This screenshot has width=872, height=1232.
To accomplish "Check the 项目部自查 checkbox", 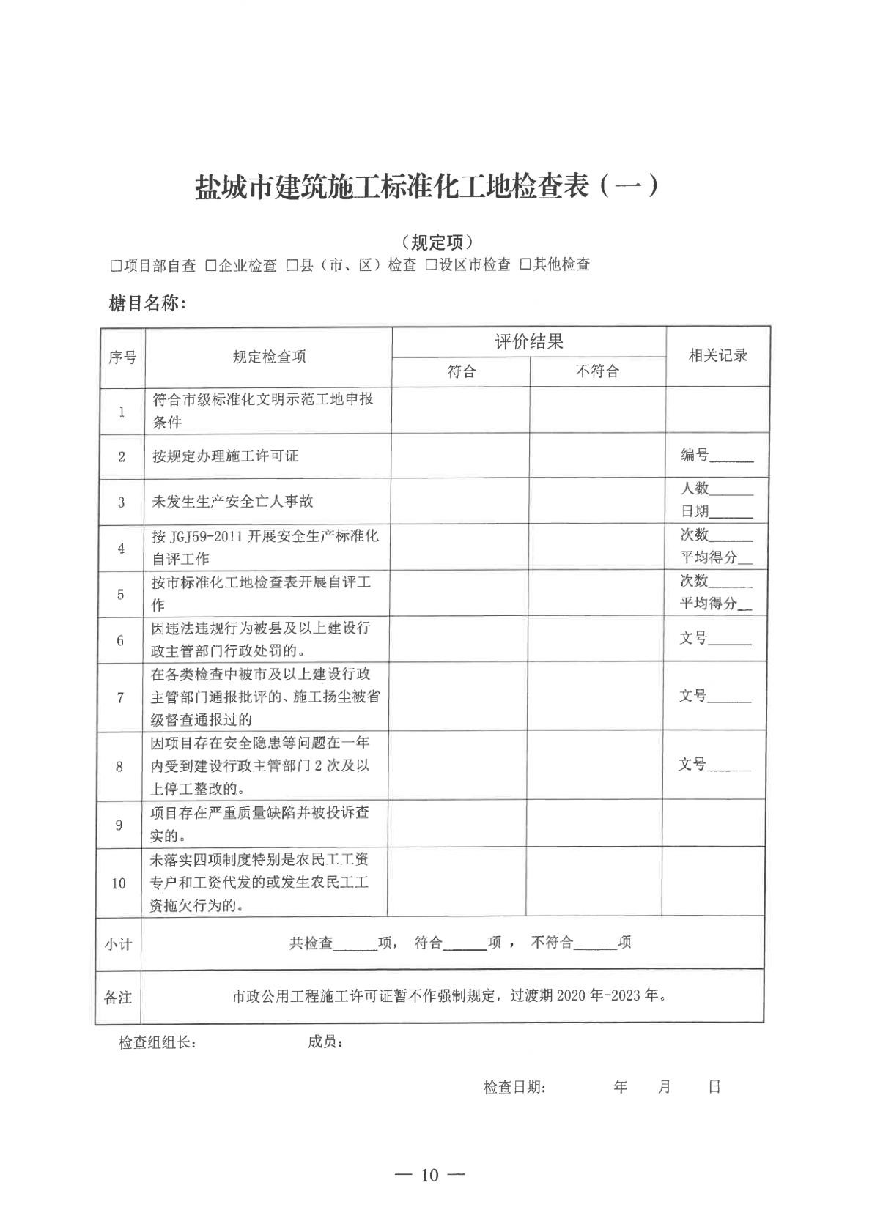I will coord(116,266).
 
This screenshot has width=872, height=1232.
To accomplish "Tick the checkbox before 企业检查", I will coord(211,266).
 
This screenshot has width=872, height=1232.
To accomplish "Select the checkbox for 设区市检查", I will coord(432,265).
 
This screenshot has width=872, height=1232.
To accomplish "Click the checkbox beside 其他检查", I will coord(525,265).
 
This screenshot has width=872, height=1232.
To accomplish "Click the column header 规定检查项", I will coord(269,357).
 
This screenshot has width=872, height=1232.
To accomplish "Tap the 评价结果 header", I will coord(528,342).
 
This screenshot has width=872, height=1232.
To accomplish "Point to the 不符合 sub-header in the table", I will coord(597,372).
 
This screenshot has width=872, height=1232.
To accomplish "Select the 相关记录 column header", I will coord(717,356).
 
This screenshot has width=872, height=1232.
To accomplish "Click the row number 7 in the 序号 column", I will coord(120,697).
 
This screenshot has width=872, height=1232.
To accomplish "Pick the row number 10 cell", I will coord(119,883).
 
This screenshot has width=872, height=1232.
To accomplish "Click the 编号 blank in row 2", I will coord(731,457).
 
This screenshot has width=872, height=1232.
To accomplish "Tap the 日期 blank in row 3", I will coord(731,513).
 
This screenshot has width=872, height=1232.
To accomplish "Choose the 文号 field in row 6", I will coord(730,639).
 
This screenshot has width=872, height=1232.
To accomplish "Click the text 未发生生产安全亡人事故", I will coord(232,502).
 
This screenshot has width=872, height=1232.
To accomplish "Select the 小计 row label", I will coord(118,944).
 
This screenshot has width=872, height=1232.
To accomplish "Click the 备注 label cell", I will coord(118,998).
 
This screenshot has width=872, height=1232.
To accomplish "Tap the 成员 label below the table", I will coord(325,1042).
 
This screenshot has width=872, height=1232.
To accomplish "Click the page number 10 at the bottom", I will coord(429,1176).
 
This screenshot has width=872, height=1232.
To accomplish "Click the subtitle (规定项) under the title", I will coord(437,242).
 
